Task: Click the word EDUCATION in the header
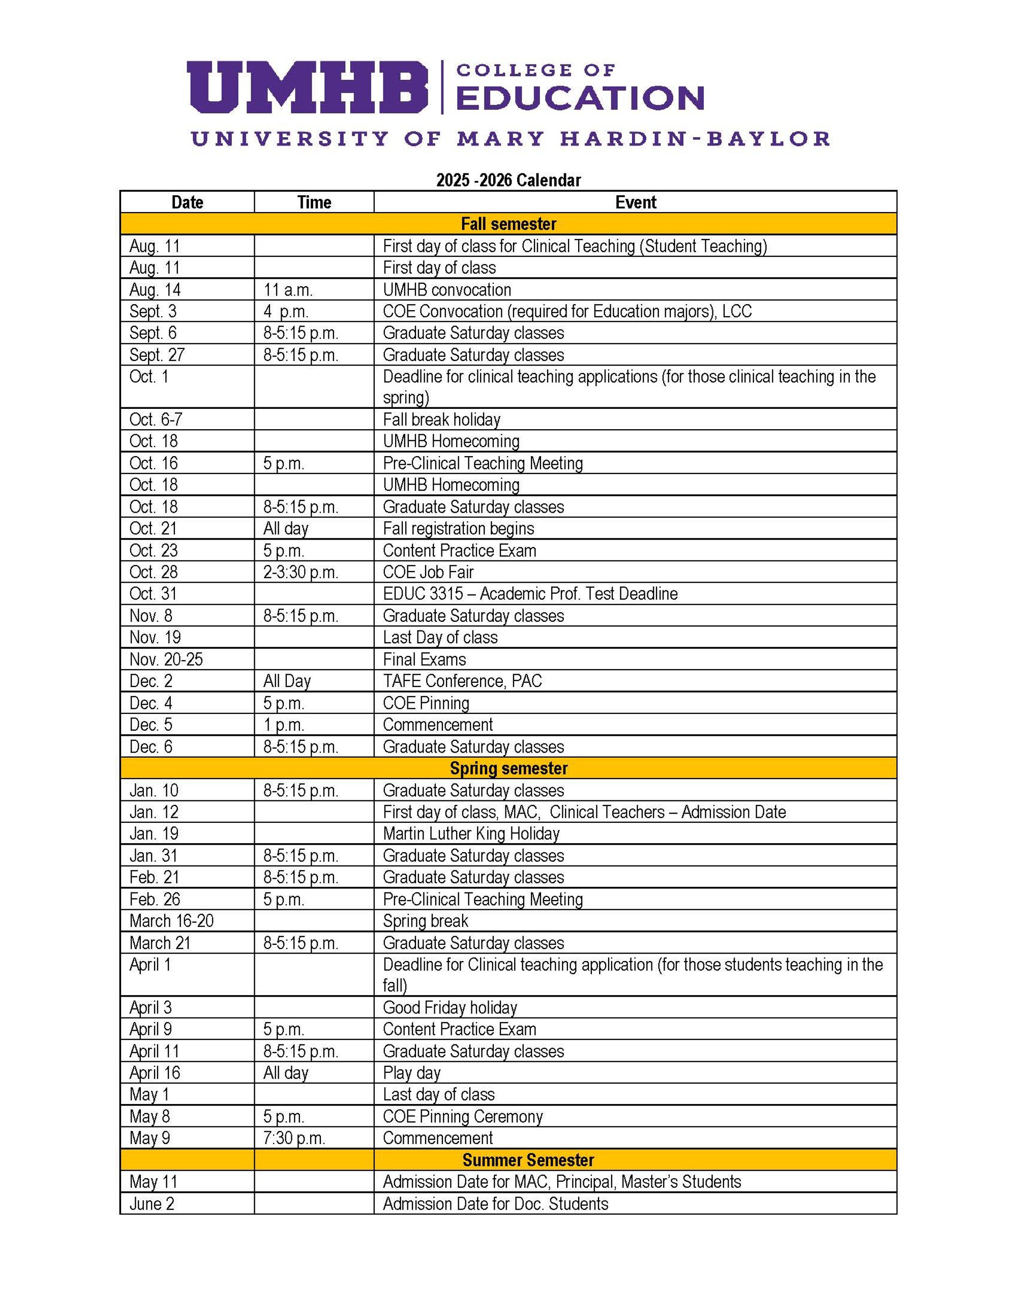[x=580, y=98]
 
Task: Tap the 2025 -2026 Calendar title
[x=508, y=180]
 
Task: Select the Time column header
[x=314, y=202]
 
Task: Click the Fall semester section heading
[x=508, y=224]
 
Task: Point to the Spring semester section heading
[x=508, y=768]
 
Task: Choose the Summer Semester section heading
[x=528, y=1160]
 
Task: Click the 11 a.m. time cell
[x=288, y=290]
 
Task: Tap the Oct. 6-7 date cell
[x=156, y=420]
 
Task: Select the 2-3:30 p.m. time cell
[x=301, y=572]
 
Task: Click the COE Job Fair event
[x=428, y=572]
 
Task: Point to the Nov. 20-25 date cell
[x=166, y=659]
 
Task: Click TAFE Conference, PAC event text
[x=462, y=681]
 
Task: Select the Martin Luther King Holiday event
[x=471, y=833]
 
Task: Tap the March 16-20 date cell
[x=171, y=921]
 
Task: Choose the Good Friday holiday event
[x=450, y=1007]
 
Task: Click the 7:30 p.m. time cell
[x=294, y=1138]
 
